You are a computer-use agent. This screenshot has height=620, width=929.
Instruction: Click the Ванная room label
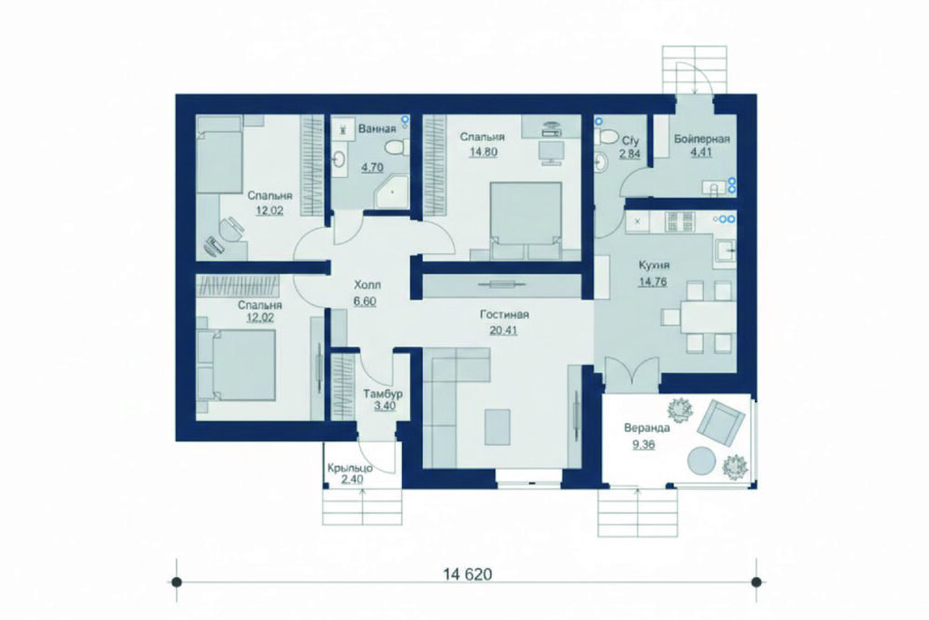point(376,128)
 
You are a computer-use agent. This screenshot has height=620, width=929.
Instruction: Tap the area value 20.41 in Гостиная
point(503,330)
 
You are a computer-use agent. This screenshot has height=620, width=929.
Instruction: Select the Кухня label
point(654,265)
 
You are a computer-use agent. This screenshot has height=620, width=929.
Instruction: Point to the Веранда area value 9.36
point(643,443)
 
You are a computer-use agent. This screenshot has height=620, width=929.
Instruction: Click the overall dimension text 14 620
point(467,574)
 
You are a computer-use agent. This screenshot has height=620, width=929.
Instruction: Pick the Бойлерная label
point(701,139)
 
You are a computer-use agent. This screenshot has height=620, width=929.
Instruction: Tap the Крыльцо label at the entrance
point(349,468)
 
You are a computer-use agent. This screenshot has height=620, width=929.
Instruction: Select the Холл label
point(367,284)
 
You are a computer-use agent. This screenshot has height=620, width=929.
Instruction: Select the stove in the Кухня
point(680,222)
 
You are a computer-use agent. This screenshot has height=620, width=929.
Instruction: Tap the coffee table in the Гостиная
point(497,427)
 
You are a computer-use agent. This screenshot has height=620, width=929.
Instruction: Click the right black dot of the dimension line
point(755,583)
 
